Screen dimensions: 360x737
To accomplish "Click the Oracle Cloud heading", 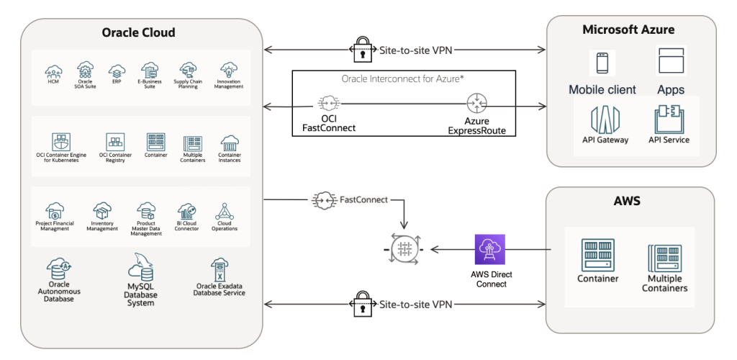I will tap(139, 32).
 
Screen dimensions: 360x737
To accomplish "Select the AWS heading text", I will tap(627, 202).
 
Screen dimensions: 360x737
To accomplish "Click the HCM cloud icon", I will tap(53, 71).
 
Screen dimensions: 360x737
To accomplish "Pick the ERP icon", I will tap(117, 71).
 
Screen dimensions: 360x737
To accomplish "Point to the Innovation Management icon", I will tap(229, 70).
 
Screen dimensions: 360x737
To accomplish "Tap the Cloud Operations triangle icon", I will tap(223, 211).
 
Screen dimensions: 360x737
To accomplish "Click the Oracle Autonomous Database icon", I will tap(58, 270).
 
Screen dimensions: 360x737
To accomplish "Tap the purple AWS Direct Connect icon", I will tap(490, 251).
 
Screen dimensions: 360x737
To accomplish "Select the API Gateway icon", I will tap(605, 118).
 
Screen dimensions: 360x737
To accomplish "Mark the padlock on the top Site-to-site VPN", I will tap(362, 49).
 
